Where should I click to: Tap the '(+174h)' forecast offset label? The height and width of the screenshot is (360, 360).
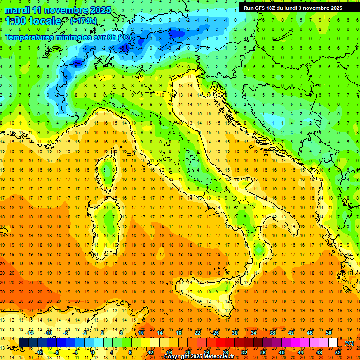pos(83,21)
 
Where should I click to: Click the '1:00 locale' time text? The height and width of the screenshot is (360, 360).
pos(33,21)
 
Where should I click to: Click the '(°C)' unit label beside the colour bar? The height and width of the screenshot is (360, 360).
pos(349,343)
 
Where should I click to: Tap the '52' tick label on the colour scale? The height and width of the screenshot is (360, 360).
pos(337,352)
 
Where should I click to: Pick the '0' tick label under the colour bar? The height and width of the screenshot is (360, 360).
pos(93,352)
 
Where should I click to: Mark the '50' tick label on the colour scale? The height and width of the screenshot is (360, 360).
pos(329,333)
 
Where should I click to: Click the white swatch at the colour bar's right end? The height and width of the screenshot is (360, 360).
pos(333,343)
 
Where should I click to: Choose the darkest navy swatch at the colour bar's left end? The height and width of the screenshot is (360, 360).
pos(23,343)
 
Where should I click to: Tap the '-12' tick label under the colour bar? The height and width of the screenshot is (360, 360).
pos(39,352)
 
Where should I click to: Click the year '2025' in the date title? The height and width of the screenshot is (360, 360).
pos(101,10)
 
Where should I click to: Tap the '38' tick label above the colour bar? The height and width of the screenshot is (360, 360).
pos(272,333)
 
